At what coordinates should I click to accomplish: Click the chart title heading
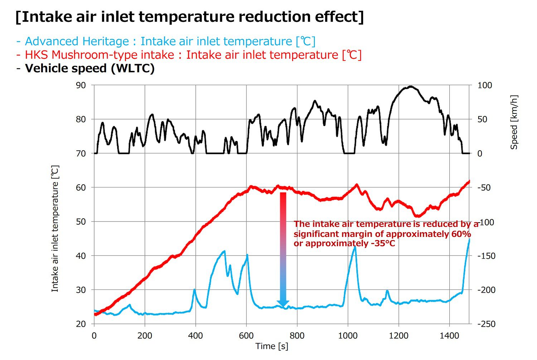190,17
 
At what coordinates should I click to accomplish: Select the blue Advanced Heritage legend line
165,42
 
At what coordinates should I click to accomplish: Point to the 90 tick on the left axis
81,85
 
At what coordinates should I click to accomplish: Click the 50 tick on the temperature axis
81,222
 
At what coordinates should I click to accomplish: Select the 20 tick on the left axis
81,324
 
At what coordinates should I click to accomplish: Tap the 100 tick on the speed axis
485,85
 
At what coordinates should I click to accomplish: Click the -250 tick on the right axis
487,324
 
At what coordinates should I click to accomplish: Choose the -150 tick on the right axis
487,256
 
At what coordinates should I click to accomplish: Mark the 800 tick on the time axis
297,336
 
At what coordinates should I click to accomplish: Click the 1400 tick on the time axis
449,336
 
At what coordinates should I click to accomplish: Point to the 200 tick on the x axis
145,336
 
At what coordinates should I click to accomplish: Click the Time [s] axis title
272,346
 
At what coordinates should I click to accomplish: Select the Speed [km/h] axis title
514,122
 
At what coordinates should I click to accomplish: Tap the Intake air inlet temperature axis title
55,228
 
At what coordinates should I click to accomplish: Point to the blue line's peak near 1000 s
355,247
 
